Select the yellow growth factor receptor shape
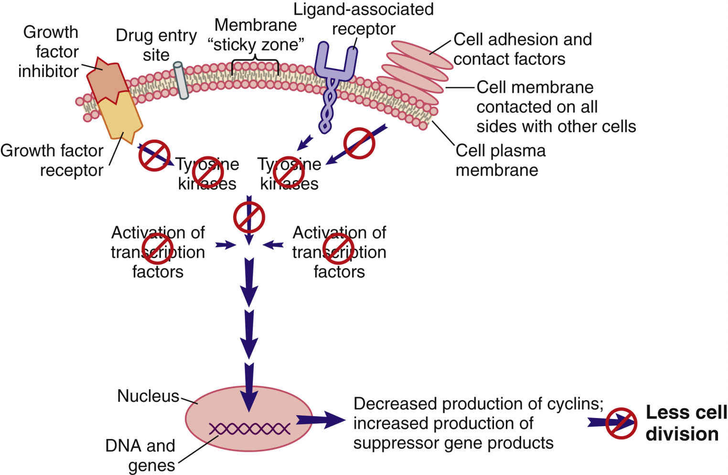click(120, 116)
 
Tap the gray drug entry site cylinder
click(181, 80)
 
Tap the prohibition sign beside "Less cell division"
click(621, 423)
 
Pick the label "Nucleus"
click(148, 396)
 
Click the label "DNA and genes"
click(140, 455)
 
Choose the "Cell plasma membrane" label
click(500, 160)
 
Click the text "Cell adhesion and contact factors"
click(522, 49)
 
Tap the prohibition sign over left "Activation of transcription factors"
click(158, 249)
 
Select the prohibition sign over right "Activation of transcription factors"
click(338, 249)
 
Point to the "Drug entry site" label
click(156, 45)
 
